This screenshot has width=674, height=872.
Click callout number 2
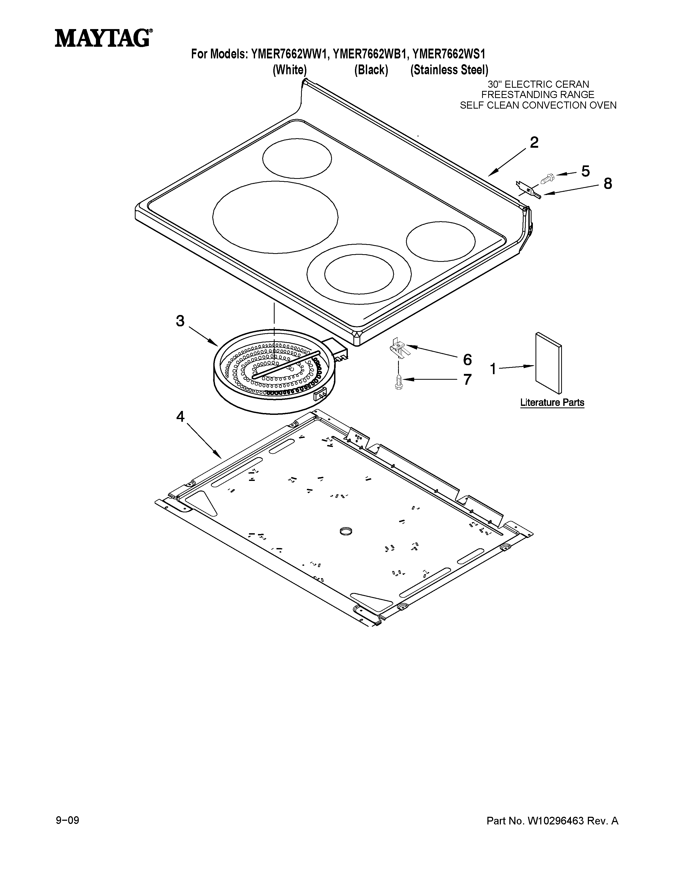point(534,142)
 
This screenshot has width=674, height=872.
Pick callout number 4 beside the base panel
point(181,417)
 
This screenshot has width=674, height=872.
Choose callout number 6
point(467,359)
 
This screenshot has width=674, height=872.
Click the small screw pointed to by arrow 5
point(547,178)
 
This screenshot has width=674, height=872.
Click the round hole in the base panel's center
point(345,531)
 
